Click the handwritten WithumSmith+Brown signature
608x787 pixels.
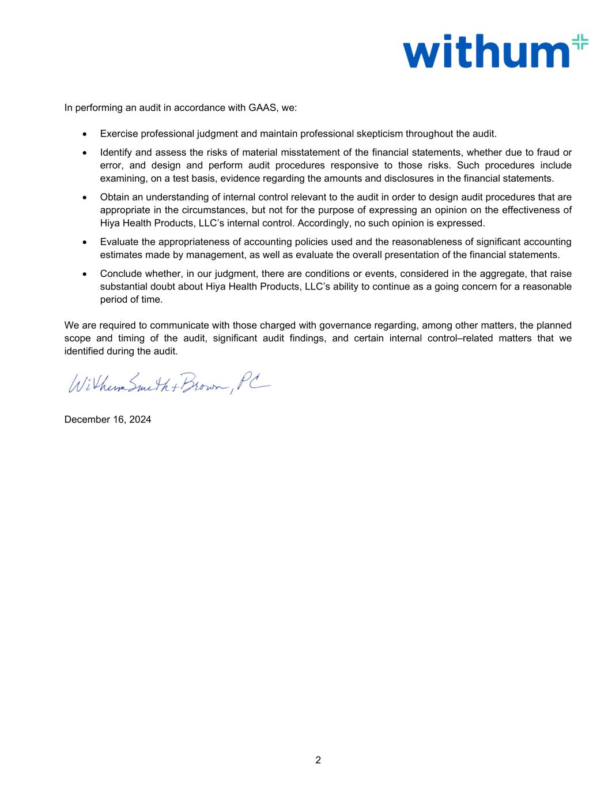pyautogui.click(x=167, y=381)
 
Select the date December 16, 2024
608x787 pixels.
pyautogui.click(x=108, y=419)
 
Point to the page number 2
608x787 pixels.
pyautogui.click(x=318, y=760)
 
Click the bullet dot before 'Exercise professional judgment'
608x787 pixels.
pyautogui.click(x=85, y=134)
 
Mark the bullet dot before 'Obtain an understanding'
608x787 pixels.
pyautogui.click(x=85, y=198)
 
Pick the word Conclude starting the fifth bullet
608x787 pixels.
pyautogui.click(x=119, y=273)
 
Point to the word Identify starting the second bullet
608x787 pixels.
pyautogui.click(x=116, y=152)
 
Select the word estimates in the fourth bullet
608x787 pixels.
pyautogui.click(x=119, y=254)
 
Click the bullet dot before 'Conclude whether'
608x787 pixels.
pyautogui.click(x=85, y=274)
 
